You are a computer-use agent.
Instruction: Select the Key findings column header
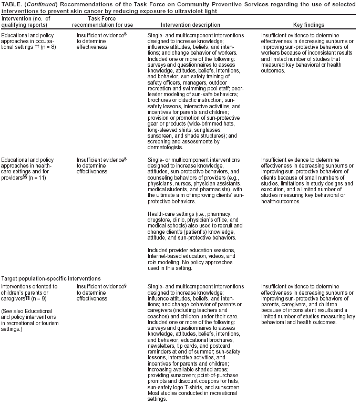[308, 25]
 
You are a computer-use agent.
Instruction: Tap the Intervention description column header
[190, 25]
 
